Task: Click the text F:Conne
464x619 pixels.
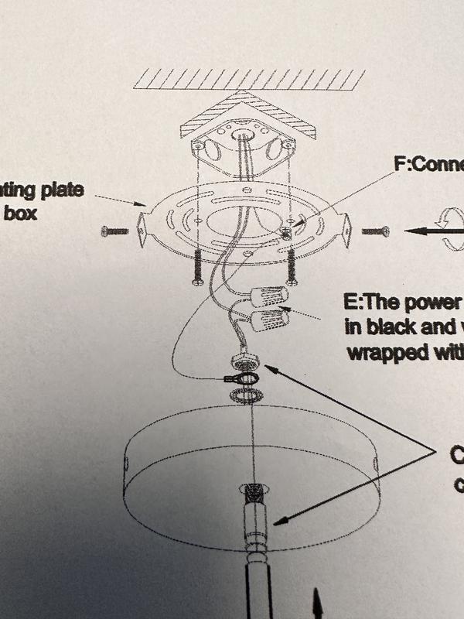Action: coord(428,165)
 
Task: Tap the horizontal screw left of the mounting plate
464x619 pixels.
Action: coord(118,231)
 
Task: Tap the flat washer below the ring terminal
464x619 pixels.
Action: coord(247,395)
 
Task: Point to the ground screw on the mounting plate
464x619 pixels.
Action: coord(288,230)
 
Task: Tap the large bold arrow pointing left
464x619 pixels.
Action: coord(421,230)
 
